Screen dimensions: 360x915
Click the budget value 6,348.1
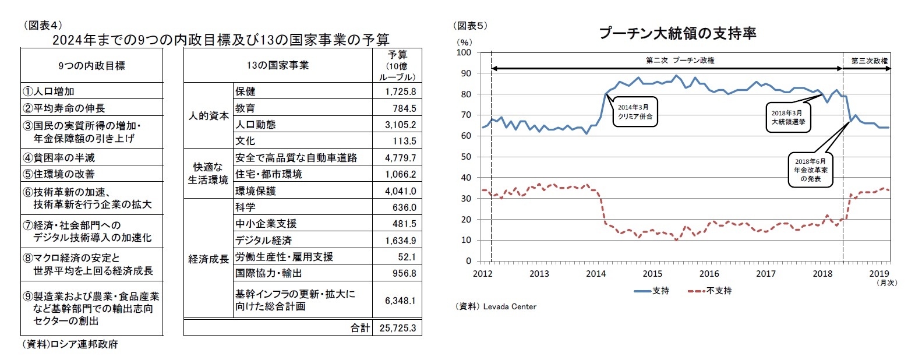click(x=400, y=301)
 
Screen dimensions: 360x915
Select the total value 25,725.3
click(x=397, y=328)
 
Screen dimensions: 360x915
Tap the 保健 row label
click(x=245, y=91)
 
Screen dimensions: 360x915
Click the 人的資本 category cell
click(x=208, y=116)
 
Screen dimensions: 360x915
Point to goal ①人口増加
click(x=48, y=91)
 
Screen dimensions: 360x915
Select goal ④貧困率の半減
click(x=58, y=158)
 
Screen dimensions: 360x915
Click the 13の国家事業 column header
click(x=277, y=65)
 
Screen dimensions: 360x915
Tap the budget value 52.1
click(x=407, y=257)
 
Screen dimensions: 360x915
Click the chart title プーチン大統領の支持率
click(x=677, y=34)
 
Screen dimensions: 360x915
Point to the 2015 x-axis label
click(x=652, y=274)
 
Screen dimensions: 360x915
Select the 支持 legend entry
click(x=652, y=291)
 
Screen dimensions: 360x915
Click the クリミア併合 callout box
click(x=635, y=112)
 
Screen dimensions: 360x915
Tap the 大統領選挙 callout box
click(x=787, y=117)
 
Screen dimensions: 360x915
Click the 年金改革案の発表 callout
click(x=810, y=170)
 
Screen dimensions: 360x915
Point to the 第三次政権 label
click(x=868, y=61)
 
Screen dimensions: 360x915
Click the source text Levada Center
click(x=509, y=306)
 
